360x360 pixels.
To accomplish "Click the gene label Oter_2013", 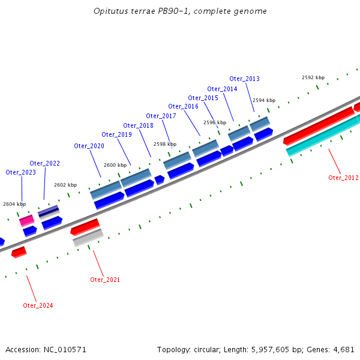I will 244,79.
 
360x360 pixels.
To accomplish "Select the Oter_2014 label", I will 222,89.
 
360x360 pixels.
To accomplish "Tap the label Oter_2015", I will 203,98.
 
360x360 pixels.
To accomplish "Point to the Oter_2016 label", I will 183,107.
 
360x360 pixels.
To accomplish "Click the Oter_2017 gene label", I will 161,116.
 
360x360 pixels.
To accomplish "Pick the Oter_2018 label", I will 138,125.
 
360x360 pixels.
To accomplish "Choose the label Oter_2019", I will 116,134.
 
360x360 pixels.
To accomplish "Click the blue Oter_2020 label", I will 89,146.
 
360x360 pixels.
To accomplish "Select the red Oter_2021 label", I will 105,280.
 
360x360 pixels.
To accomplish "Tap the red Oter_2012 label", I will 343,178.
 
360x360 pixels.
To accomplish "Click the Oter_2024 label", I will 38,305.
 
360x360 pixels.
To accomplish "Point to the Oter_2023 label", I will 20,172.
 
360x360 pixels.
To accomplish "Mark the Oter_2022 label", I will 44,163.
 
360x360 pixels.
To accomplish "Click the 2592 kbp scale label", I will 313,77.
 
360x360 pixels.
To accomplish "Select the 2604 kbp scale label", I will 14,204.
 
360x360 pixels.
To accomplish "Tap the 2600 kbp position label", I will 115,165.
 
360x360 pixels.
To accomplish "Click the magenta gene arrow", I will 26,221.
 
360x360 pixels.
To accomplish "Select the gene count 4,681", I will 343,349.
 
